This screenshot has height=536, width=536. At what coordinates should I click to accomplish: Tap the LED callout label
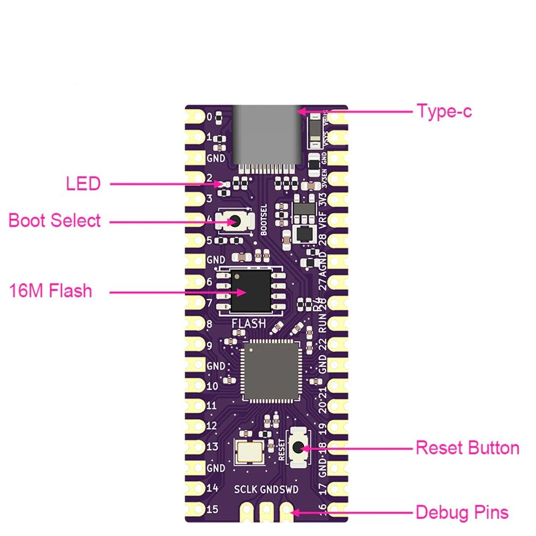83,184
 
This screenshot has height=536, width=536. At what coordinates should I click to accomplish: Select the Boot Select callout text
55,220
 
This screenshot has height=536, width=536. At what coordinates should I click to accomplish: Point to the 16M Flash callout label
50,291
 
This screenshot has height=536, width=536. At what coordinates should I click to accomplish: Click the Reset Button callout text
467,448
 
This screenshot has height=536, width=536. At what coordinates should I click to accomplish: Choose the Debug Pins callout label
462,512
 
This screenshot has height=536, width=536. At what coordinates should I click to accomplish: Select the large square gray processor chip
271,370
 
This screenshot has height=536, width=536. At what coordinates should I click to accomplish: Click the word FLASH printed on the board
248,324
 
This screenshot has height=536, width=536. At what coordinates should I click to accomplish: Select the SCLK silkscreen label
245,489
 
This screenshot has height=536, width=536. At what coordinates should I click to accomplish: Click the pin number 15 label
212,509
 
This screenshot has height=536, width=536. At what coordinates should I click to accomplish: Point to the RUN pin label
323,324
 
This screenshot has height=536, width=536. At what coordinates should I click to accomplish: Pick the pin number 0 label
210,116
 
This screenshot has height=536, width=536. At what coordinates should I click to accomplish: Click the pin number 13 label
212,446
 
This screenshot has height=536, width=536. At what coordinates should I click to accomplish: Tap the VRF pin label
323,220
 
